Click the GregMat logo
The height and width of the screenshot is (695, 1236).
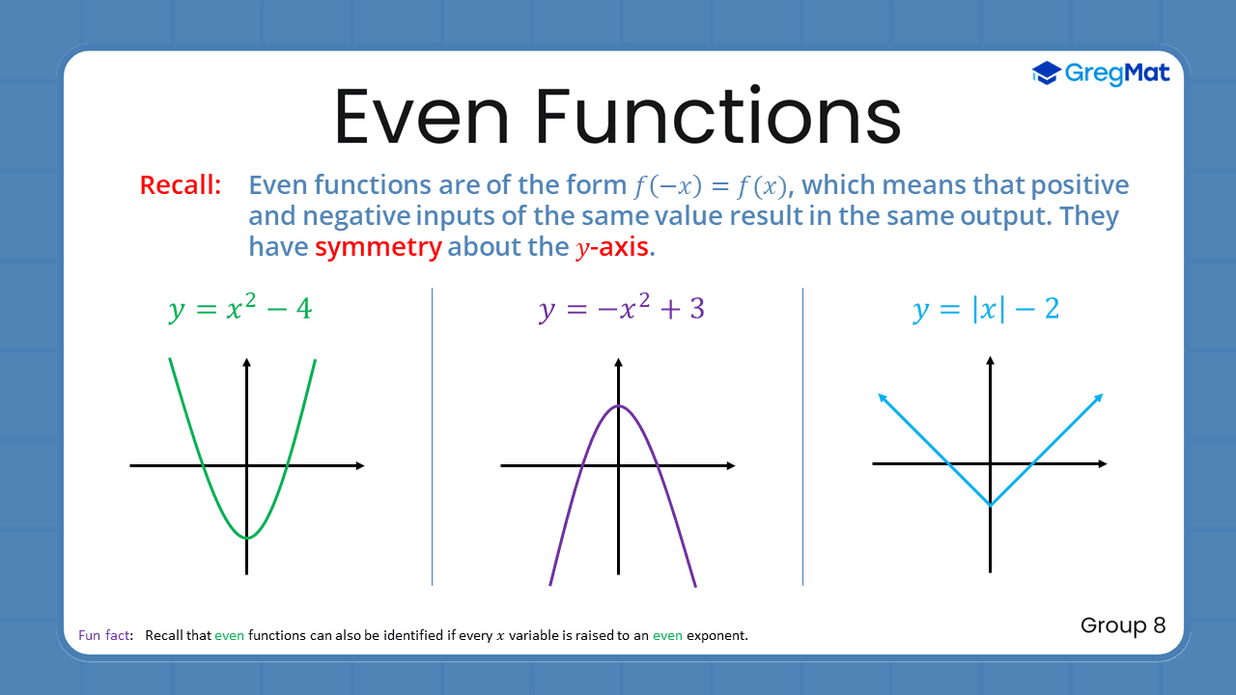tap(1101, 73)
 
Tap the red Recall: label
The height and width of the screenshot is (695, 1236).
tap(181, 185)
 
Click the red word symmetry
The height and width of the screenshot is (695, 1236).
tap(378, 246)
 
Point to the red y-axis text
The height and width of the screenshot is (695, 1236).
tap(613, 247)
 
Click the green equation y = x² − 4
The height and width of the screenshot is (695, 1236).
tap(240, 310)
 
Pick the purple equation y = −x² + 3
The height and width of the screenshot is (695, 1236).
tap(621, 310)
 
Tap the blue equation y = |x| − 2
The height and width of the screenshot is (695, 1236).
tap(986, 310)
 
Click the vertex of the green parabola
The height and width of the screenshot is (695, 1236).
tap(247, 538)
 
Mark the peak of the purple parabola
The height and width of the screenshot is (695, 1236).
tap(618, 405)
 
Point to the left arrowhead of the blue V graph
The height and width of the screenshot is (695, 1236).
tap(881, 396)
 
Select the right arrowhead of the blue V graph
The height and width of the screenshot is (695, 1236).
tap(1099, 396)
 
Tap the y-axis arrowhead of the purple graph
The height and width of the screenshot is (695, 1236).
tap(618, 362)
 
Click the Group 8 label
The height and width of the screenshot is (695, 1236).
tap(1123, 625)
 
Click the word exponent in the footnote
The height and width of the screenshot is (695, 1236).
tap(716, 636)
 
